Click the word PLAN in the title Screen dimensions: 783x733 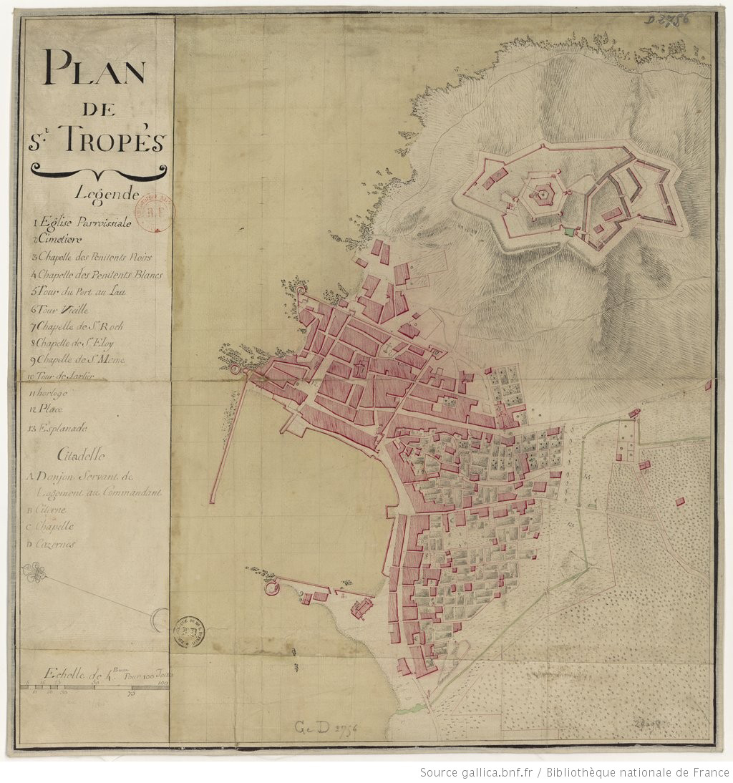(94, 69)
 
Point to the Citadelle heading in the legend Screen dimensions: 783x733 (80, 454)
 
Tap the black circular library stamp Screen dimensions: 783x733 (190, 631)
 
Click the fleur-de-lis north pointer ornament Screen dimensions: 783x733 (34, 573)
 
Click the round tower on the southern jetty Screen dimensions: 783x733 (271, 588)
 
